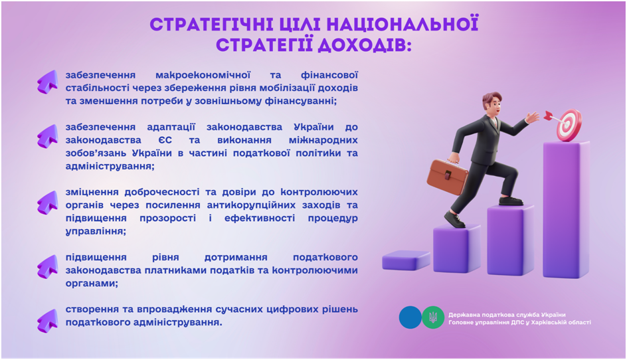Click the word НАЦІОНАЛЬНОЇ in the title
(401, 25)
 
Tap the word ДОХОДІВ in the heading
(364, 45)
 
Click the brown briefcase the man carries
(446, 175)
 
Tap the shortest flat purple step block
(405, 260)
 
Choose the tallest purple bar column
(566, 209)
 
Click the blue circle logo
(410, 317)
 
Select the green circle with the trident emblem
(433, 317)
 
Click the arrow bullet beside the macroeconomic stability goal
(48, 82)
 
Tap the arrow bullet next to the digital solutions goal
(48, 321)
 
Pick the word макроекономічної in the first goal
(203, 75)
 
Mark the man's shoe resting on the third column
(511, 201)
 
